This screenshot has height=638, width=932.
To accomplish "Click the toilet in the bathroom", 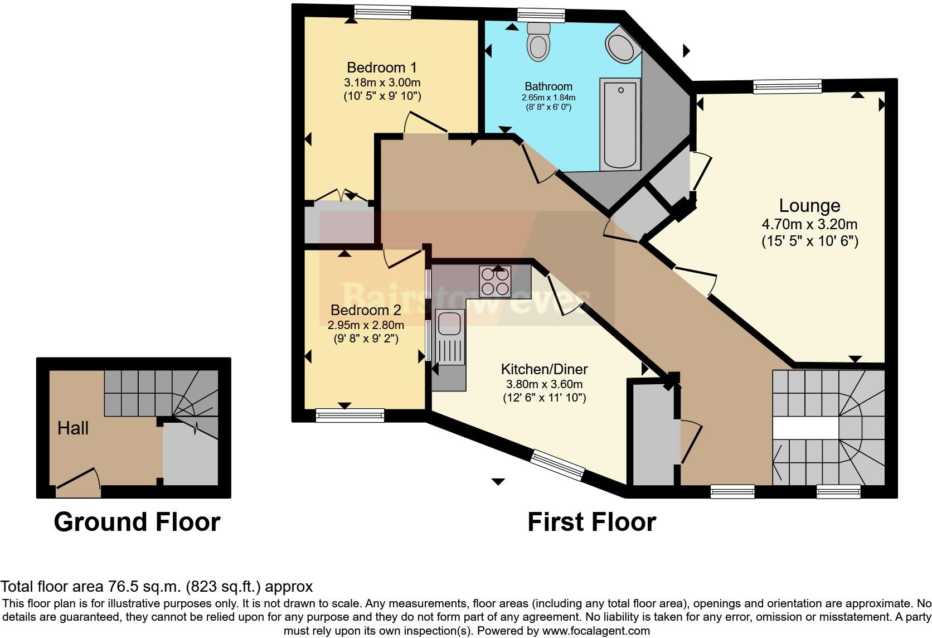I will (x=538, y=42).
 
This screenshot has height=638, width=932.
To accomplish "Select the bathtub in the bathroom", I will (x=619, y=124).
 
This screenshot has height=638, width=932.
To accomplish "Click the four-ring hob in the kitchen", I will (x=495, y=282).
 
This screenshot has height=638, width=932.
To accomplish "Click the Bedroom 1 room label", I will (x=382, y=68).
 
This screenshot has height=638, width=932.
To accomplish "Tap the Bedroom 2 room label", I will (x=366, y=310).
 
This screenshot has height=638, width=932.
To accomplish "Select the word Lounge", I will (x=809, y=206).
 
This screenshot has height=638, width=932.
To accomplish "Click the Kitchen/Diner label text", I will (x=544, y=369).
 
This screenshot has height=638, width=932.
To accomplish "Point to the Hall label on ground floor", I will (x=73, y=428).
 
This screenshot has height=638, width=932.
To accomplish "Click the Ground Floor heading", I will (x=137, y=522).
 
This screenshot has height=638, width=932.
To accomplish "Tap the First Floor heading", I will (x=591, y=522).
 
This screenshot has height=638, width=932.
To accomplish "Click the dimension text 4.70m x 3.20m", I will (x=809, y=225).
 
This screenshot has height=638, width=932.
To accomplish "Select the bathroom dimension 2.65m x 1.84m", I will (x=548, y=98).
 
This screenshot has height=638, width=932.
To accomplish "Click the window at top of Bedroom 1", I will (x=382, y=12).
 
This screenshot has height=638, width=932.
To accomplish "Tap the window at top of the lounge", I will (x=787, y=86).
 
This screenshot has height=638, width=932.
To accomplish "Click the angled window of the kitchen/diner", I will (x=557, y=465).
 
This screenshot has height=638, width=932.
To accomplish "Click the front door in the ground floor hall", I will (x=78, y=481).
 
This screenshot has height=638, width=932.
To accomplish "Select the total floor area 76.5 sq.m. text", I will (x=156, y=587).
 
